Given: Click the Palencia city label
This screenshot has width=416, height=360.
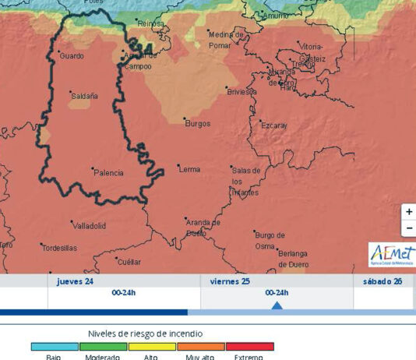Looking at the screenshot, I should [x=108, y=172].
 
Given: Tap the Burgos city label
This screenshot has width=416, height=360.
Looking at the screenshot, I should [x=197, y=123].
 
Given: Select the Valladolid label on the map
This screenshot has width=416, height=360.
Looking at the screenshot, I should [x=89, y=225].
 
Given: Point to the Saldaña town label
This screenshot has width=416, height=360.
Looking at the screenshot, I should [x=84, y=96].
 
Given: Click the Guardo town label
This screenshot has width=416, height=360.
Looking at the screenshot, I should [x=72, y=56].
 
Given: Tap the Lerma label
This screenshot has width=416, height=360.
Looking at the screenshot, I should [x=189, y=168].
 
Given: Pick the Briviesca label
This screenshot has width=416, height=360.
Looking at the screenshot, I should [x=241, y=91].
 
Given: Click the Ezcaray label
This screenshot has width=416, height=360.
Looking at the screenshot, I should [x=273, y=125].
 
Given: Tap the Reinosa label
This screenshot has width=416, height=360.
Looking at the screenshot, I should [x=150, y=24].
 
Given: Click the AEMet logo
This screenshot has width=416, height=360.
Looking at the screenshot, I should [x=392, y=254].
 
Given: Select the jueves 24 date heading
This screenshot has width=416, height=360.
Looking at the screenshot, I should [x=75, y=281].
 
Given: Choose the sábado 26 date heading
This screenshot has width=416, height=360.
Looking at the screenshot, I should [x=383, y=281].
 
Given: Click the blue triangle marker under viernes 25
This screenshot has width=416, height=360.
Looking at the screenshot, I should [x=277, y=305].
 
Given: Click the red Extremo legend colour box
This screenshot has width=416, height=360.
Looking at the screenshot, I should [x=250, y=346].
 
